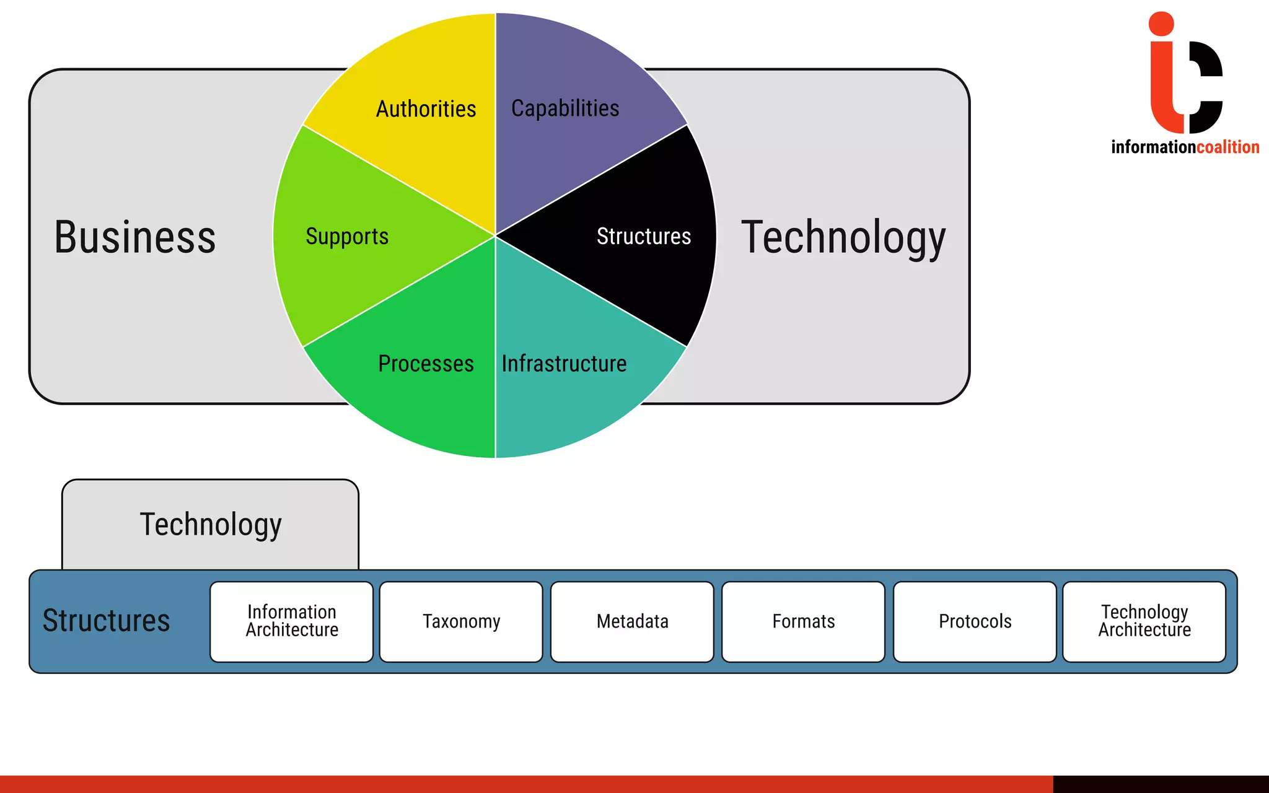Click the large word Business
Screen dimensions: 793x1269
[x=135, y=237]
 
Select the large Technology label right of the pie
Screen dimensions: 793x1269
[x=843, y=237]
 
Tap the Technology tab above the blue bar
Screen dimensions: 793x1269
[x=211, y=524]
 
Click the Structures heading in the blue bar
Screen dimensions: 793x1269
[x=106, y=621]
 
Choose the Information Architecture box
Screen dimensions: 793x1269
[x=292, y=621]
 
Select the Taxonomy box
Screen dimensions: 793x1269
[x=461, y=621]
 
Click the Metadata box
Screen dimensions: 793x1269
[x=632, y=621]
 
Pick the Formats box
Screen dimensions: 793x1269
[x=803, y=621]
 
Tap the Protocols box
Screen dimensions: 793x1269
[x=975, y=621]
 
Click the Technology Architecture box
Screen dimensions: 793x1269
[x=1144, y=621]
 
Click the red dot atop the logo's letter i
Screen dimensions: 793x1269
[x=1161, y=24]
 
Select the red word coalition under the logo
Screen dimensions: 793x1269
[x=1227, y=147]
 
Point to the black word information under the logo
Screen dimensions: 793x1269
[x=1153, y=147]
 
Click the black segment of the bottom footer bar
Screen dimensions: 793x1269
[x=1161, y=784]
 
